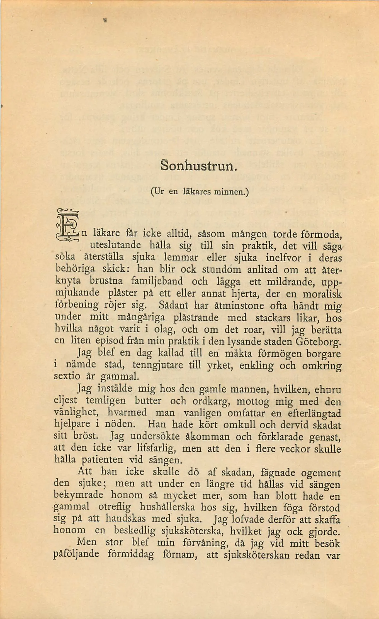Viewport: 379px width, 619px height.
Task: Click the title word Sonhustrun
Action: [198, 166]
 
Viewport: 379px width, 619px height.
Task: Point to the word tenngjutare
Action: [157, 365]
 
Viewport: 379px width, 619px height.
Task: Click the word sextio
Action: [67, 377]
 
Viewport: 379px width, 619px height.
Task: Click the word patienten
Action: [102, 460]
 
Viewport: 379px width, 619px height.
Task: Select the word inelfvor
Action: [283, 258]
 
